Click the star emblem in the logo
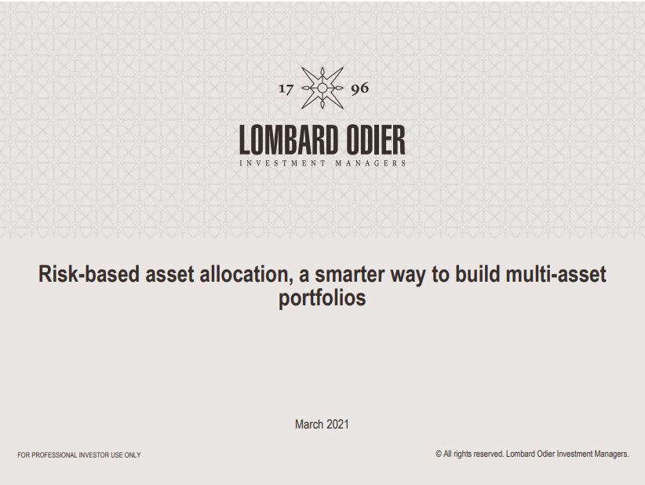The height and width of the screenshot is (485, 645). pyautogui.click(x=322, y=88)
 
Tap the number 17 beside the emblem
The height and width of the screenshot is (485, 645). pyautogui.click(x=286, y=89)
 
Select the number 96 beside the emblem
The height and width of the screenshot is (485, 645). pyautogui.click(x=360, y=89)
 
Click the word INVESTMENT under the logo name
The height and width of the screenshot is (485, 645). pyautogui.click(x=282, y=163)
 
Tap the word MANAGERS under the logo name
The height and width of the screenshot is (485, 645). pyautogui.click(x=370, y=163)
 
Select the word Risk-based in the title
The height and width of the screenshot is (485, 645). pyautogui.click(x=89, y=274)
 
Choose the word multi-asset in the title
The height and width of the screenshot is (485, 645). pyautogui.click(x=556, y=274)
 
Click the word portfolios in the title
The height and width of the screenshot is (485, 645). pyautogui.click(x=322, y=298)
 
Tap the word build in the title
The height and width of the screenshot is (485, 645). pyautogui.click(x=478, y=274)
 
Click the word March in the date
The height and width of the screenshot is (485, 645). pyautogui.click(x=309, y=424)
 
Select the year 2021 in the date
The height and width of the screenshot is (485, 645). pyautogui.click(x=338, y=424)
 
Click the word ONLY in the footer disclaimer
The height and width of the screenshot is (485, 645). pyautogui.click(x=133, y=455)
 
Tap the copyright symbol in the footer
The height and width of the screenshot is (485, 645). pyautogui.click(x=439, y=454)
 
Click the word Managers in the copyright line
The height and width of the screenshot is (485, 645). pyautogui.click(x=612, y=454)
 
